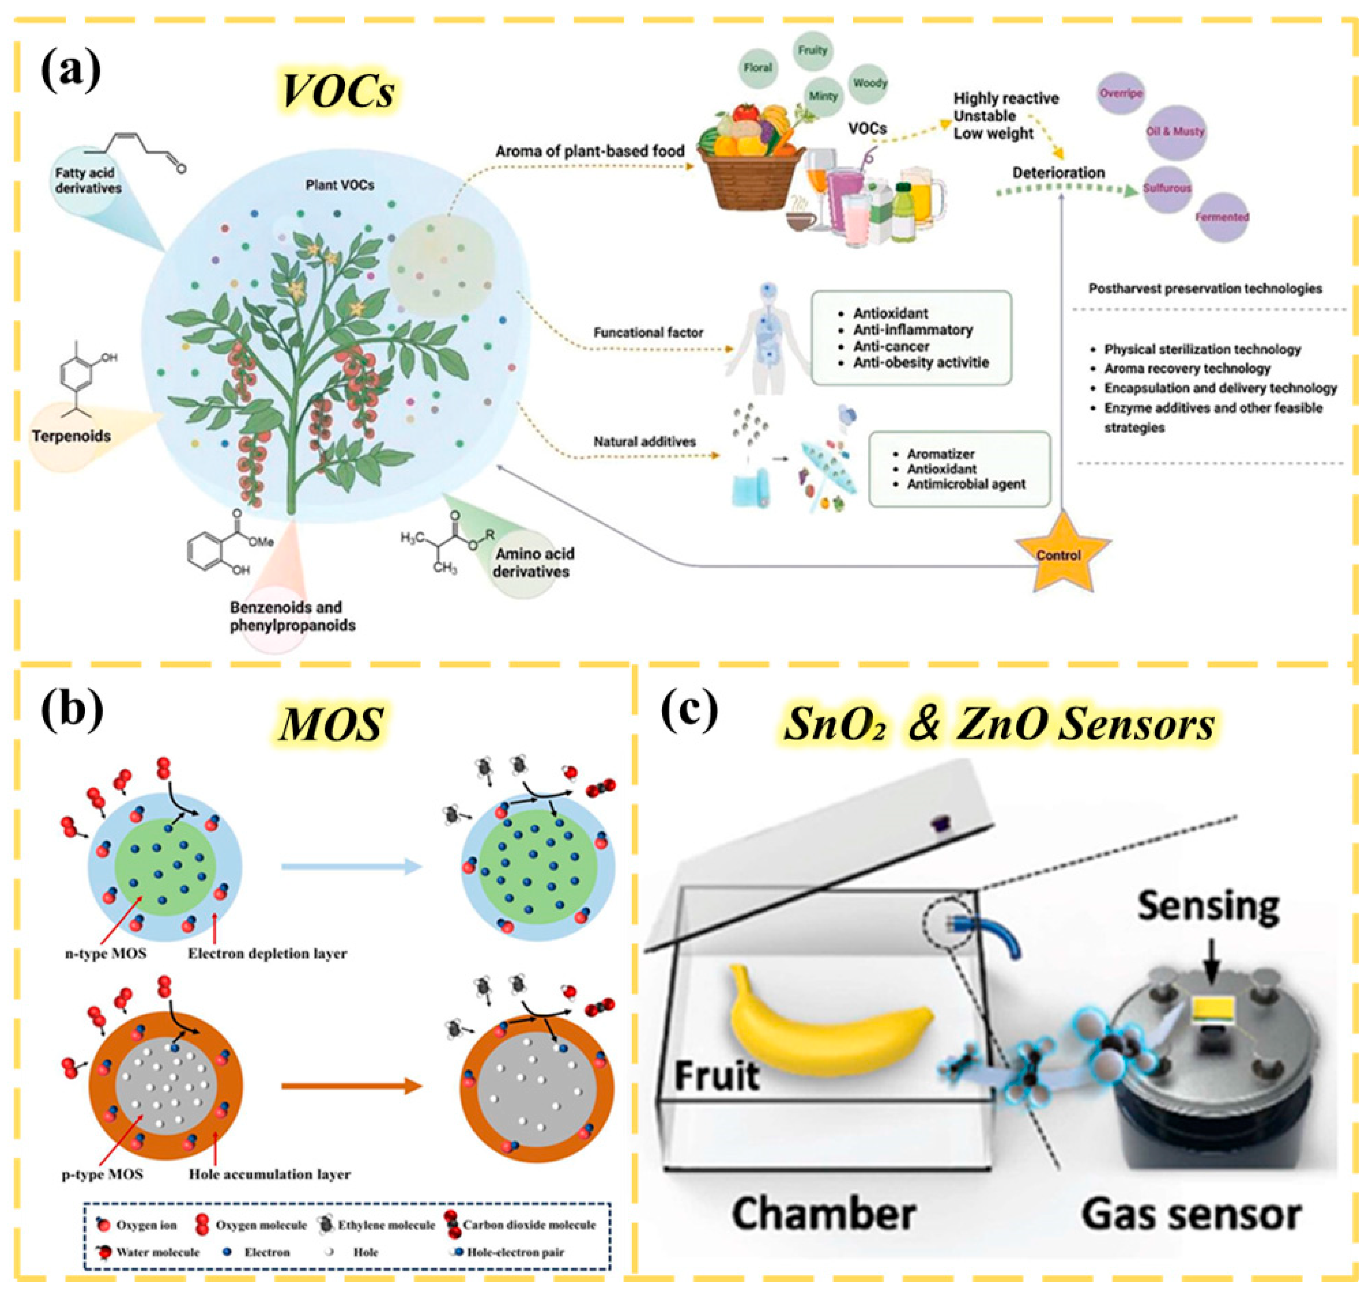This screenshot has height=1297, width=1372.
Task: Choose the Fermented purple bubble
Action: click(1222, 217)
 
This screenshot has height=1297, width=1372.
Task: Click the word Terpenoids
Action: click(71, 436)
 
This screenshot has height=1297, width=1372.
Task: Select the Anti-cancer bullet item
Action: click(891, 346)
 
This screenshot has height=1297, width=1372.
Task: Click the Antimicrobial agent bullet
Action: click(966, 484)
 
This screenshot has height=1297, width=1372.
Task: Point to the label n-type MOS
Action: click(106, 954)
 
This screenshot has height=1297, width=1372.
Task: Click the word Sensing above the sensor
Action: click(1209, 906)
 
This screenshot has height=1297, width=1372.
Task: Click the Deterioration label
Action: click(1059, 173)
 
